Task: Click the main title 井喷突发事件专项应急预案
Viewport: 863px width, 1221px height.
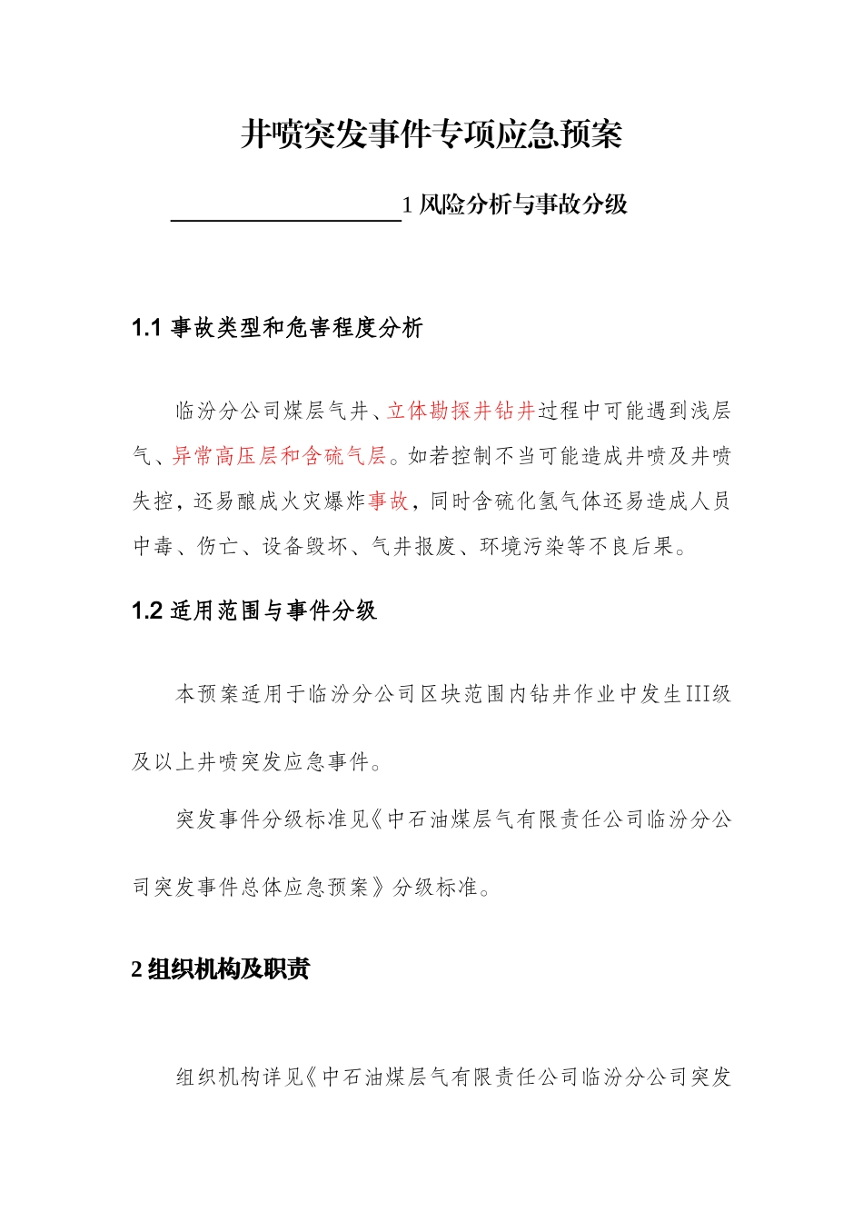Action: pos(431,134)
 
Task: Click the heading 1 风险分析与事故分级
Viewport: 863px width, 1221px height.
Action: pos(515,204)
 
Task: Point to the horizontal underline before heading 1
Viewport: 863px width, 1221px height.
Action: pos(286,219)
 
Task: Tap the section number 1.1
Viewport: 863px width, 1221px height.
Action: pos(146,328)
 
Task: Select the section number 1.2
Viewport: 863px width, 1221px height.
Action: pos(146,610)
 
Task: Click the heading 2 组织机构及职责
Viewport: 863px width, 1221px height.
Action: pos(221,968)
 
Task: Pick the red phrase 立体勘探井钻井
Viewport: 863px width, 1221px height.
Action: pos(461,411)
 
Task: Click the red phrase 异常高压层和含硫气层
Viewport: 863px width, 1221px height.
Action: pos(280,456)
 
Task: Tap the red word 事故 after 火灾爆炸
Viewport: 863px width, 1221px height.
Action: pos(389,501)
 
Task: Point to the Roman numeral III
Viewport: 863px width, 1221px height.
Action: pos(696,694)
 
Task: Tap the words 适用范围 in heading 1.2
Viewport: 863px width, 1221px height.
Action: pos(215,610)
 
